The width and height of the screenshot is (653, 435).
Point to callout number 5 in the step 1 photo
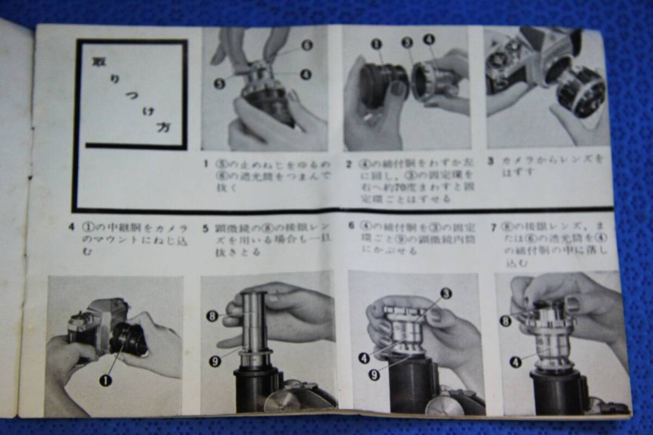point(219,84)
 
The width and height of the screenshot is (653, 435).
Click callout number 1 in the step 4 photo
point(105,380)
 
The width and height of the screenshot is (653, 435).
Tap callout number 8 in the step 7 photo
point(506,321)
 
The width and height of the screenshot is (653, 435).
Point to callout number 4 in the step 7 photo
point(514,362)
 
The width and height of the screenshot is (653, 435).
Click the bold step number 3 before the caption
point(490,161)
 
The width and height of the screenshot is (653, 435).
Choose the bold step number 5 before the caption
point(206,229)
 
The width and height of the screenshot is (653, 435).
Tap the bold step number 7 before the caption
point(493,228)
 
